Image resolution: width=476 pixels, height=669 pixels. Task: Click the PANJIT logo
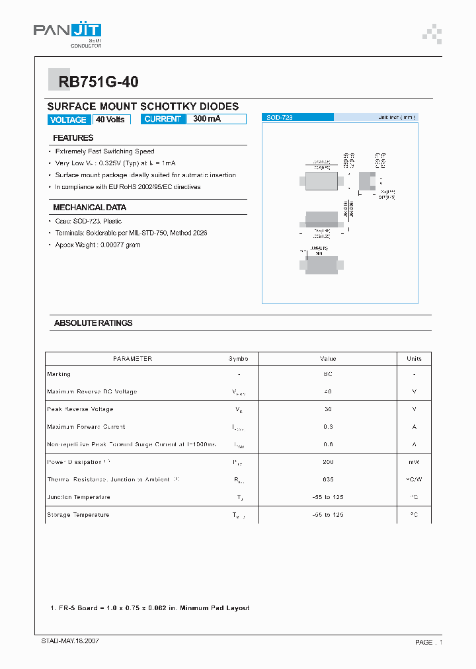click(x=67, y=32)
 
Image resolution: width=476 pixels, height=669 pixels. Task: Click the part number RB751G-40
click(x=99, y=82)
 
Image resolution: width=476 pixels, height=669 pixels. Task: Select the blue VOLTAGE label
click(x=68, y=120)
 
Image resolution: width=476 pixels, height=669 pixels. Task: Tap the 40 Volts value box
click(x=110, y=120)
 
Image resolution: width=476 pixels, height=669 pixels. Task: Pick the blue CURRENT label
click(x=163, y=119)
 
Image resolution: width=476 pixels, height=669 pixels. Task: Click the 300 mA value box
click(x=216, y=119)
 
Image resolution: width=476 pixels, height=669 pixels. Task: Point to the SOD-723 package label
click(x=280, y=117)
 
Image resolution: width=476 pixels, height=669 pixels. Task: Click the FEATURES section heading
click(x=73, y=138)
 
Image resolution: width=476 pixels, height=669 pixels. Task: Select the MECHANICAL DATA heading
click(x=90, y=208)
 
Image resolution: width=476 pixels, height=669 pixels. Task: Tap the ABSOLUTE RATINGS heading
click(x=93, y=323)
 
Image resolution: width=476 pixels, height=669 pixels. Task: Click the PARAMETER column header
click(x=133, y=359)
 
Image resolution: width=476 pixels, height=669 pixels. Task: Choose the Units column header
click(x=414, y=359)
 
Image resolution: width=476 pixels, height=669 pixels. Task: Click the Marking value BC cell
click(x=328, y=374)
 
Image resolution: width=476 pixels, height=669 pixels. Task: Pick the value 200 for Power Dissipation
click(x=328, y=462)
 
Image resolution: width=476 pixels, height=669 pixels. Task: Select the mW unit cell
click(x=414, y=462)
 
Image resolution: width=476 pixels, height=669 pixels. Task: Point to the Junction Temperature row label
click(x=79, y=497)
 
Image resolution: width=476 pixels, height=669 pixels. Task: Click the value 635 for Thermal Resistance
click(x=328, y=479)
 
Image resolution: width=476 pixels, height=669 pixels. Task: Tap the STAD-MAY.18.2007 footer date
click(x=66, y=641)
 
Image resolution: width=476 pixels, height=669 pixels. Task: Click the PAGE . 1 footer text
click(x=428, y=642)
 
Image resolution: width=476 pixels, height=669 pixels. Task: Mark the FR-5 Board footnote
click(x=151, y=608)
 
